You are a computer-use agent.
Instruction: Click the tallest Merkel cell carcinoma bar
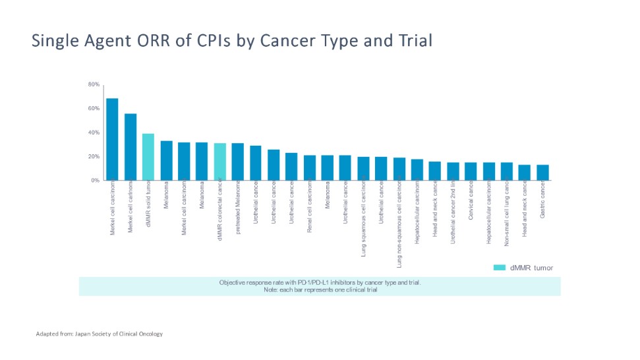(x=112, y=139)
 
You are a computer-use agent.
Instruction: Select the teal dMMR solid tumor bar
(x=148, y=157)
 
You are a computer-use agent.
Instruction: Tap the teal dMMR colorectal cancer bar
(x=220, y=162)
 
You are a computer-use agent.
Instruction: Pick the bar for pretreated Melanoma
(x=238, y=162)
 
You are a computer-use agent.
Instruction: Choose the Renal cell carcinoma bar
(x=310, y=167)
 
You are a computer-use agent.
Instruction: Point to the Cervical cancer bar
(x=471, y=171)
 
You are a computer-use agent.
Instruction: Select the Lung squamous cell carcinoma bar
(x=363, y=168)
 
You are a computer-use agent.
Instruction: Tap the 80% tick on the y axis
(x=94, y=84)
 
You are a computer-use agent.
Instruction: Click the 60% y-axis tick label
(x=94, y=108)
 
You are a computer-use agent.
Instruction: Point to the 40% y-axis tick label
(x=94, y=133)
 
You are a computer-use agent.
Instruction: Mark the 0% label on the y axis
(x=95, y=180)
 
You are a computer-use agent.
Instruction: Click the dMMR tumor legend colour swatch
(x=499, y=268)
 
